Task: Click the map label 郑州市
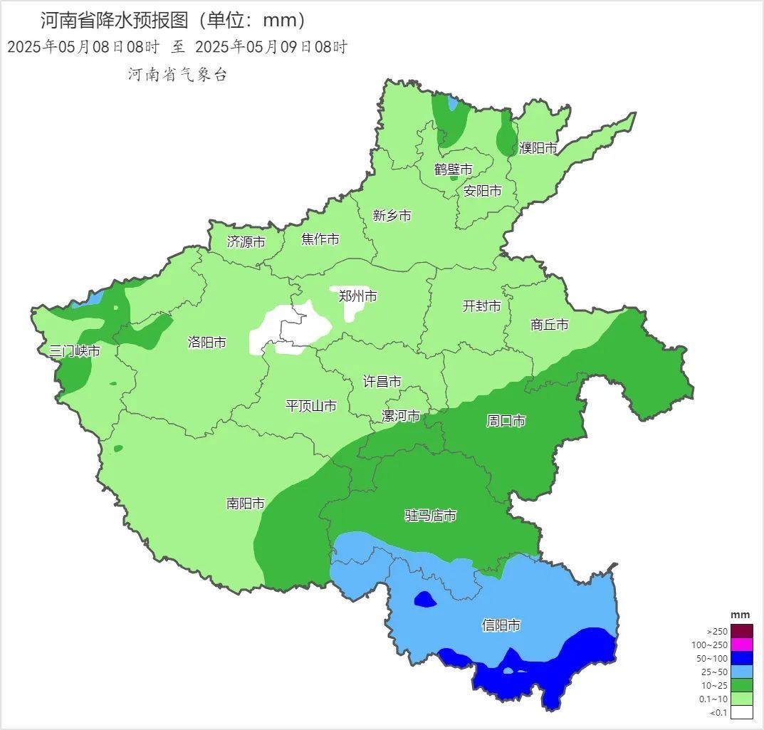[x=358, y=296]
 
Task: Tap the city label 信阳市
[x=501, y=625]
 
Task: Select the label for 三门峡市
[x=75, y=351]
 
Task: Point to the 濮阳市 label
[x=538, y=148]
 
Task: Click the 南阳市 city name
[x=246, y=504]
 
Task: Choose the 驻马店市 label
[x=431, y=515]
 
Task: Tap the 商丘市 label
[x=550, y=325]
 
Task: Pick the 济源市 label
[x=246, y=241]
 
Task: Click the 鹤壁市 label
[x=454, y=170]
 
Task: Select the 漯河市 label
[x=401, y=416]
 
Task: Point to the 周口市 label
[x=506, y=421]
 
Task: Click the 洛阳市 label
[x=207, y=343]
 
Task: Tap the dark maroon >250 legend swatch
[x=741, y=631]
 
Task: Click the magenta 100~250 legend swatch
[x=741, y=645]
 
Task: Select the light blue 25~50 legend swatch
[x=741, y=672]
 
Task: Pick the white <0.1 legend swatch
[x=741, y=712]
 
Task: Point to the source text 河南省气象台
[x=177, y=75]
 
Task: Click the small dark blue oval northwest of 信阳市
[x=425, y=600]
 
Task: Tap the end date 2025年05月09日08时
[x=271, y=48]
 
